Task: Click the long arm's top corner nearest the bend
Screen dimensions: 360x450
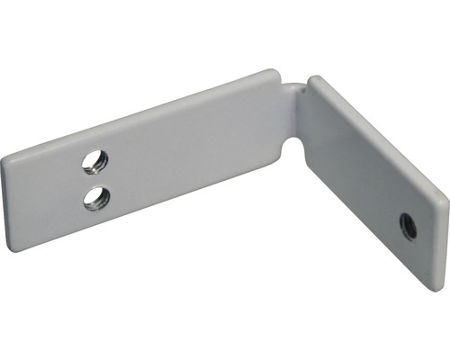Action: (x=270, y=72)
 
